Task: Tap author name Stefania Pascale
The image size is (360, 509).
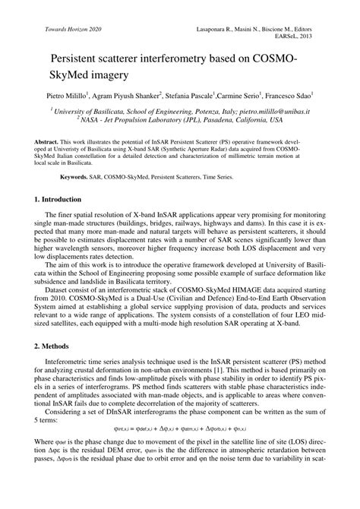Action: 188,98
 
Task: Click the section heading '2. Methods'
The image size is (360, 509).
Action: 52,367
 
